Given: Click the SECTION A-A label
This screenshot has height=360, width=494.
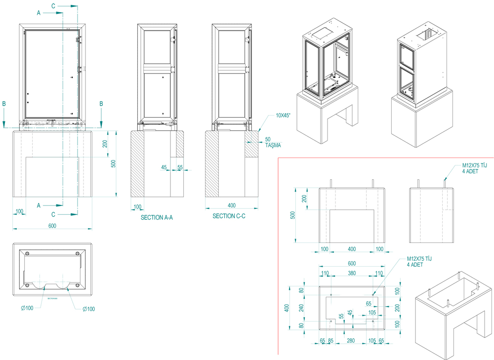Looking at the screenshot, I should (x=157, y=217).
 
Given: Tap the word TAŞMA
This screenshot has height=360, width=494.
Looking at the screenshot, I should (x=273, y=145).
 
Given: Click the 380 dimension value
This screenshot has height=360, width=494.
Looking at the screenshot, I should (x=352, y=273).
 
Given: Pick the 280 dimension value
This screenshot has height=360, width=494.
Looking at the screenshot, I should (x=352, y=340).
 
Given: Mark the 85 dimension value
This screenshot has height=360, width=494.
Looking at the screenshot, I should (x=330, y=340).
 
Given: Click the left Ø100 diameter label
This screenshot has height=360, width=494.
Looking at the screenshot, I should (x=27, y=308).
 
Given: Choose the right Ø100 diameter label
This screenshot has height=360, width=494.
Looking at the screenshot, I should (x=89, y=309).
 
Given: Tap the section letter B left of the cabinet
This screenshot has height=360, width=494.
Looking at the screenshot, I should (x=4, y=104).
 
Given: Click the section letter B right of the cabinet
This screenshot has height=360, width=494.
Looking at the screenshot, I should (x=101, y=104).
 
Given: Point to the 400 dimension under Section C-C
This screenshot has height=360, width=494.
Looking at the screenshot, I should (x=231, y=204).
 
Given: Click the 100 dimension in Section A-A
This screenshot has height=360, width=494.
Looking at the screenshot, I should (x=137, y=206).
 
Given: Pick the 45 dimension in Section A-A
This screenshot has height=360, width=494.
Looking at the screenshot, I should (x=164, y=167).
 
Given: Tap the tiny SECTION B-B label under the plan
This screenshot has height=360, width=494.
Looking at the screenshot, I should (x=52, y=299).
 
